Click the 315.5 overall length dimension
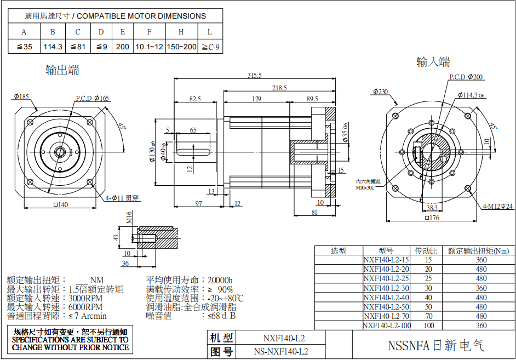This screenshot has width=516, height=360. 255,75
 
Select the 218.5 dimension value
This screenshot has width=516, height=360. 279,88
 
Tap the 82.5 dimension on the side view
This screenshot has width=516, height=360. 194,99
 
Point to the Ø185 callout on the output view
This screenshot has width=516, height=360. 21,97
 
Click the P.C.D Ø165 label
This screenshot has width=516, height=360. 93,98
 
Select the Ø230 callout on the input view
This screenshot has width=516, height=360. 380,92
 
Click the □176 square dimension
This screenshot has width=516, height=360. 432,218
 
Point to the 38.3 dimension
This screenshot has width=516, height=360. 432,208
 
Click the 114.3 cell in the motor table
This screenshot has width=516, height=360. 53,47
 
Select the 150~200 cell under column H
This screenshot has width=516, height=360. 181,47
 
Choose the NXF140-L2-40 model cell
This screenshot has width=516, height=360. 386,298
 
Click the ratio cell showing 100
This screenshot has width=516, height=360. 428,325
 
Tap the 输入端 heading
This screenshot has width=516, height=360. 433,62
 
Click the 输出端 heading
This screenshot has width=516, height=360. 62,70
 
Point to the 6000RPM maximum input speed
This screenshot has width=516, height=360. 85,307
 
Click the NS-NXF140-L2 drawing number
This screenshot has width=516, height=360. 281,351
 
